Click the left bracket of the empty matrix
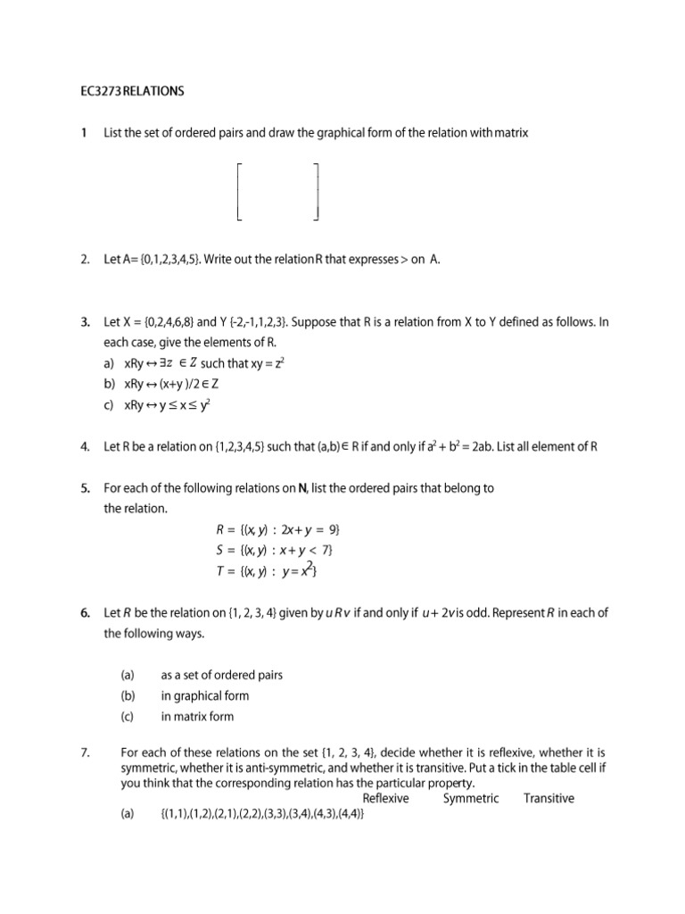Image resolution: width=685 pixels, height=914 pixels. pyautogui.click(x=239, y=191)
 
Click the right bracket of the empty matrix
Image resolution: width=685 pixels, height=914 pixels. pyautogui.click(x=317, y=191)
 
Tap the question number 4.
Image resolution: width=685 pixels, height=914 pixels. pyautogui.click(x=83, y=447)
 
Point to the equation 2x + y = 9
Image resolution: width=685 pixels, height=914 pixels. pyautogui.click(x=311, y=529)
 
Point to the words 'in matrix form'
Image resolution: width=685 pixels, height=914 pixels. pyautogui.click(x=197, y=716)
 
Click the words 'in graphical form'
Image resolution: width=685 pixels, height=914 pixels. pyautogui.click(x=204, y=695)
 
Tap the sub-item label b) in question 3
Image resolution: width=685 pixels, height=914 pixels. pyautogui.click(x=110, y=385)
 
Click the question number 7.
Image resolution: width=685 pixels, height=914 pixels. pyautogui.click(x=84, y=752)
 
